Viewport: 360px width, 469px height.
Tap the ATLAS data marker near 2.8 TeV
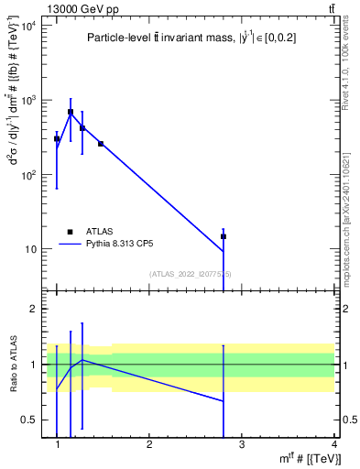(224, 236)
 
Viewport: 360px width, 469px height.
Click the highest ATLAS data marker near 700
(71, 112)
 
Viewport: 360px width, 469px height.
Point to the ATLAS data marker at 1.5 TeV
(101, 144)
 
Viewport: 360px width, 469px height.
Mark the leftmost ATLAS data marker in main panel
(57, 138)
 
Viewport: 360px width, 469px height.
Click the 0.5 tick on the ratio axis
(29, 420)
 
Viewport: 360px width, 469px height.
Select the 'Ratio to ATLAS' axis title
(12, 365)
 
